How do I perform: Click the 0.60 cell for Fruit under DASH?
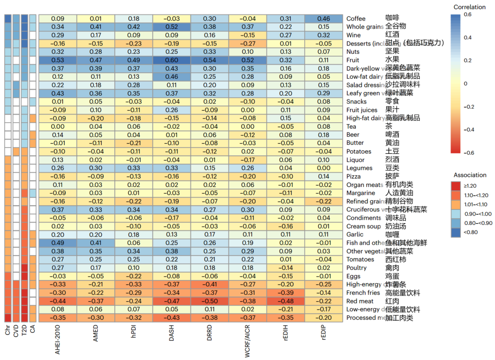pos(171,60)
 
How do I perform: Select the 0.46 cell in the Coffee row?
pos(324,18)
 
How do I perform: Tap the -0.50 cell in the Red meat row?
pos(209,301)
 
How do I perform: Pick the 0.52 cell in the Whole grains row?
pos(171,27)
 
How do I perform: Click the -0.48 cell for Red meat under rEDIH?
pos(286,301)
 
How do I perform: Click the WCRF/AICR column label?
pos(247,341)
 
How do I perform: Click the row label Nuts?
pos(353,52)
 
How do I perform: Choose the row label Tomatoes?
pos(360,260)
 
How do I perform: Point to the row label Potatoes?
pos(359,152)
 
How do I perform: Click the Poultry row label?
pos(357,268)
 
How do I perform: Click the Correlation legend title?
pos(469,7)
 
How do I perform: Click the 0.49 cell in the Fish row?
pos(58,243)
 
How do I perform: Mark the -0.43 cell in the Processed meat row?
pos(171,318)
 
